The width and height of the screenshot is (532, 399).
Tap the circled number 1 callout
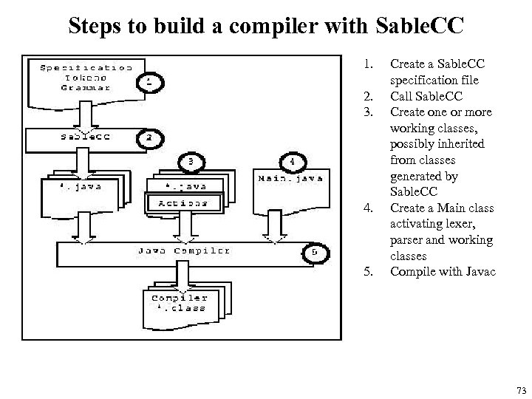(x=149, y=82)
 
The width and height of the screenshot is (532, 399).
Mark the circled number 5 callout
(x=314, y=253)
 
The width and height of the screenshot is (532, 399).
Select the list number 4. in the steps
(x=367, y=208)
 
